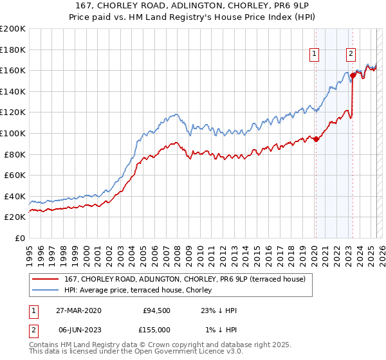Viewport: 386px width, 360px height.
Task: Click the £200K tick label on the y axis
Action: tap(13, 28)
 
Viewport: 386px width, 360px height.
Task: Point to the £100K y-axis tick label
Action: tap(13, 133)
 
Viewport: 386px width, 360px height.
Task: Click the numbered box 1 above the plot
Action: tap(315, 55)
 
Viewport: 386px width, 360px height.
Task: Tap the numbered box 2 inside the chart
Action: tap(351, 55)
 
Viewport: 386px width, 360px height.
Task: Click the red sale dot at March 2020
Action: tap(316, 139)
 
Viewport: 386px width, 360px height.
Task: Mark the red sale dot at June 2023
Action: tap(353, 75)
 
